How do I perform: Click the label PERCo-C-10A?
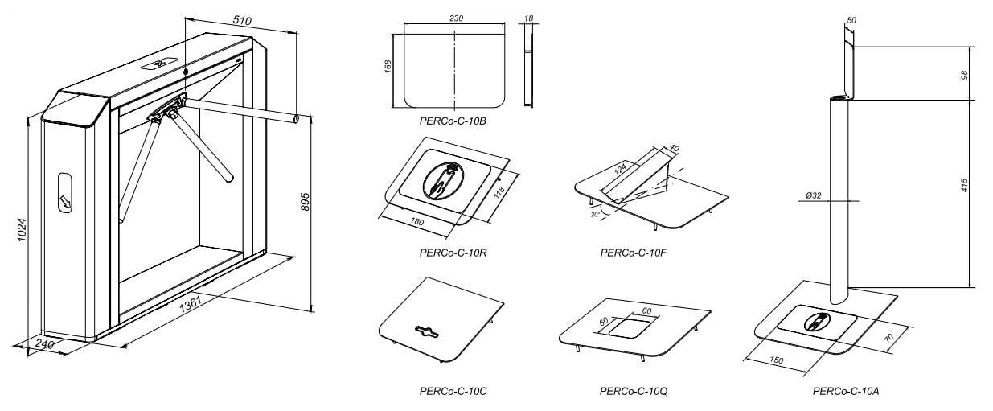pyautogui.click(x=846, y=391)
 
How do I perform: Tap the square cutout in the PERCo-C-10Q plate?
pyautogui.click(x=630, y=326)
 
